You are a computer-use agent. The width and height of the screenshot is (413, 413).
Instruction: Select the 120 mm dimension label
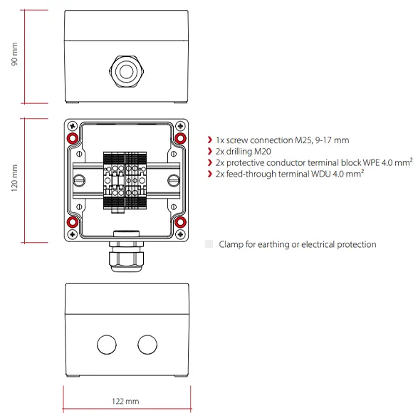coord(14,181)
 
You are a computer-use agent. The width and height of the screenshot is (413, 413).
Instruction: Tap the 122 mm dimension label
coord(126,402)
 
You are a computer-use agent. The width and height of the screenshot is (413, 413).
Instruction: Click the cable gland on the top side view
coord(127,70)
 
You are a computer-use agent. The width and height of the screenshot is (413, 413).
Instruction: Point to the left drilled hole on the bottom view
coord(106,344)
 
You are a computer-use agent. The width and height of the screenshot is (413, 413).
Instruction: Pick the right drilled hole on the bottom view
coord(147,344)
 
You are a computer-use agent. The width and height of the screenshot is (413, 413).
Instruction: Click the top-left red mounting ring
coord(72,138)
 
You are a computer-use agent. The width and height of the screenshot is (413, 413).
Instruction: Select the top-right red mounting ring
coord(181,138)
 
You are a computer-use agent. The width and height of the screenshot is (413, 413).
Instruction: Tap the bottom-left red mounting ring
coord(72,223)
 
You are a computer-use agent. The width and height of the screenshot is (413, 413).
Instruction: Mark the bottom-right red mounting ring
coord(181,223)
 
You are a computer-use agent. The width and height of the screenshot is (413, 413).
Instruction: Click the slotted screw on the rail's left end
coord(82,180)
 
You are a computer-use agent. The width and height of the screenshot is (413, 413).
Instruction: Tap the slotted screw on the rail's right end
coord(171,180)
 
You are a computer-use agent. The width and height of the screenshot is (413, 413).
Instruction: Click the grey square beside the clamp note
coord(209,244)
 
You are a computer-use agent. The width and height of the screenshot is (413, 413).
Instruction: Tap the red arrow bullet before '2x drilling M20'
coord(209,152)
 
